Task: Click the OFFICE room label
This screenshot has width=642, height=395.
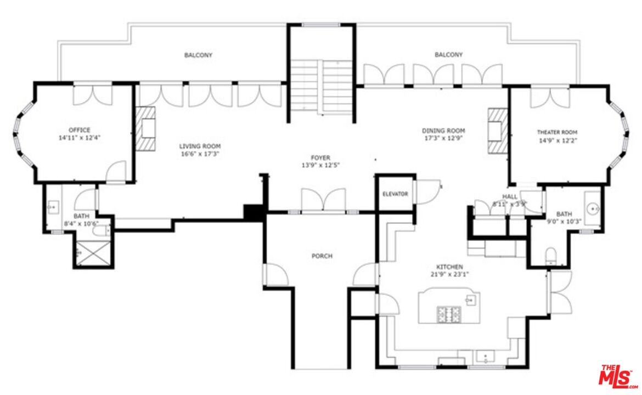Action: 80,130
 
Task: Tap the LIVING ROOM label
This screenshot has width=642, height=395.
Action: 200,146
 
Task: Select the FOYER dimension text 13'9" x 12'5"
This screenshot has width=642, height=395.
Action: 322,165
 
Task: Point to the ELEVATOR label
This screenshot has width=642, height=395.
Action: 395,194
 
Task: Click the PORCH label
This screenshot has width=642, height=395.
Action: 322,256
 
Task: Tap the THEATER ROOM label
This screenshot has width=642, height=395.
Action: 557,132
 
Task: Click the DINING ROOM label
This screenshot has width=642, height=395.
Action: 443,131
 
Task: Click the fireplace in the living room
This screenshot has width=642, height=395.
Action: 147,128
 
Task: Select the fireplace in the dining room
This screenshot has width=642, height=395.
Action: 498,131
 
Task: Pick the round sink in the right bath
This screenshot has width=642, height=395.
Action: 592,209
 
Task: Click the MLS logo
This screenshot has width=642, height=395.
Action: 617,376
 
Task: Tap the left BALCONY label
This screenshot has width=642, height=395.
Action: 198,55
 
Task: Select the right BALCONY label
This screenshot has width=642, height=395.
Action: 448,55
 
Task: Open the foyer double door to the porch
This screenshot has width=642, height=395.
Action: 323,201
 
